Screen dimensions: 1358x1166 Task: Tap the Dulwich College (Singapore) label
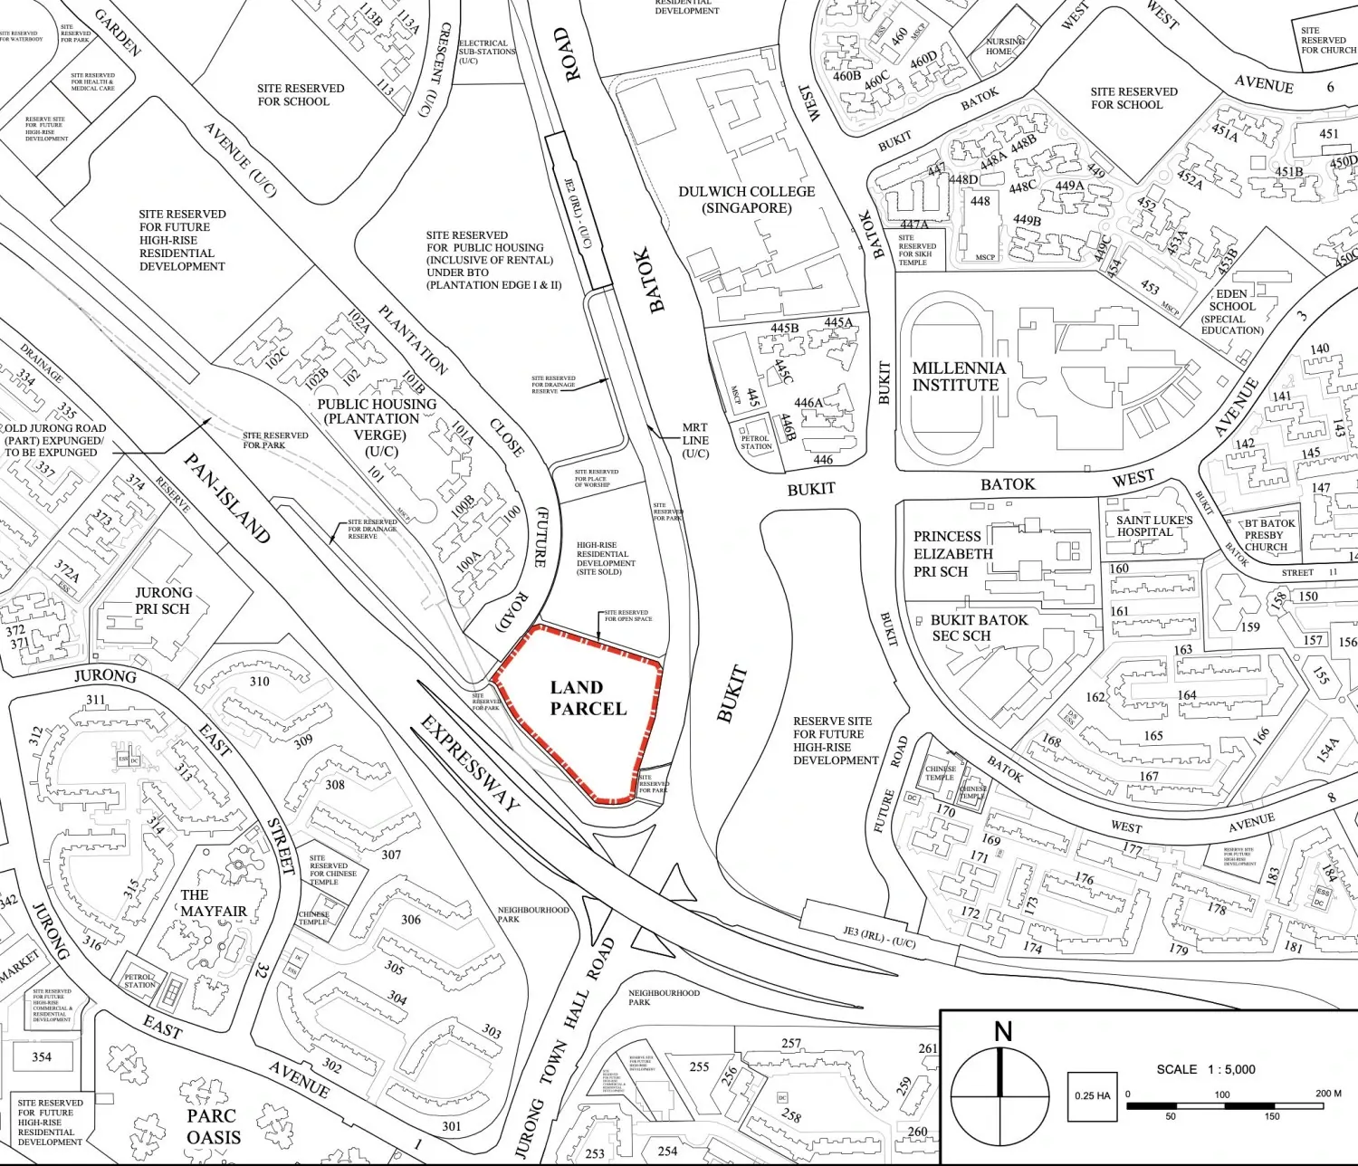tap(747, 199)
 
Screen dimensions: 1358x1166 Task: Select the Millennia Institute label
tap(958, 377)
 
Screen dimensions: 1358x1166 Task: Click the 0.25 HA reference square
tap(1092, 1096)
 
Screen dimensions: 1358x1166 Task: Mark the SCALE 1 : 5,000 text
tap(1206, 1069)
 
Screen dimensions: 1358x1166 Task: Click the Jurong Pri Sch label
tap(163, 600)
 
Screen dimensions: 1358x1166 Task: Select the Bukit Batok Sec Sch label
tap(978, 627)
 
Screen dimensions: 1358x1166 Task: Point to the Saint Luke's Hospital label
tap(1153, 526)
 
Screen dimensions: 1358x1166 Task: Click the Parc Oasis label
tap(214, 1126)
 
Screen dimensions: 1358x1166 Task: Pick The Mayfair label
tap(212, 903)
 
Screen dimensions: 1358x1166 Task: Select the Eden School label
tap(1231, 311)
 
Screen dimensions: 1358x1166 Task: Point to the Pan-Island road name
tap(226, 498)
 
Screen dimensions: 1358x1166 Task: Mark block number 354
tap(42, 1056)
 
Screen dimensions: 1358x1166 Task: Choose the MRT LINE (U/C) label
tap(695, 440)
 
